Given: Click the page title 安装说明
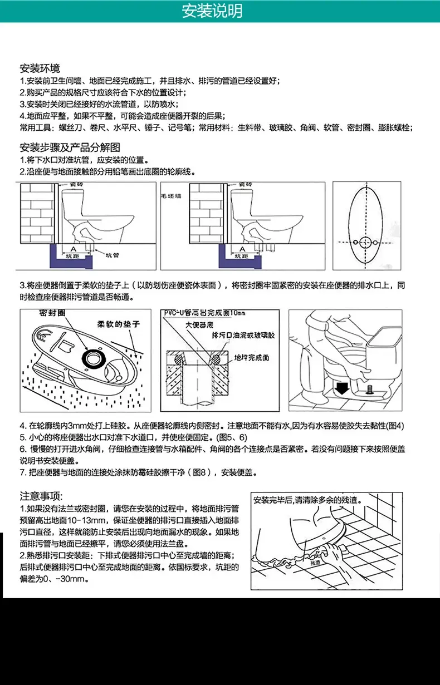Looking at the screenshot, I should [x=219, y=11].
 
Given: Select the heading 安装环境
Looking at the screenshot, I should [x=40, y=69].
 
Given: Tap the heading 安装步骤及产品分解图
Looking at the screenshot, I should [x=70, y=148].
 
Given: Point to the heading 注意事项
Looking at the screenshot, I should [x=42, y=496].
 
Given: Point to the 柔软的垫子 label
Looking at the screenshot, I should [x=118, y=324].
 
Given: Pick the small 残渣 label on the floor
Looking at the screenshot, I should [x=316, y=563].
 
